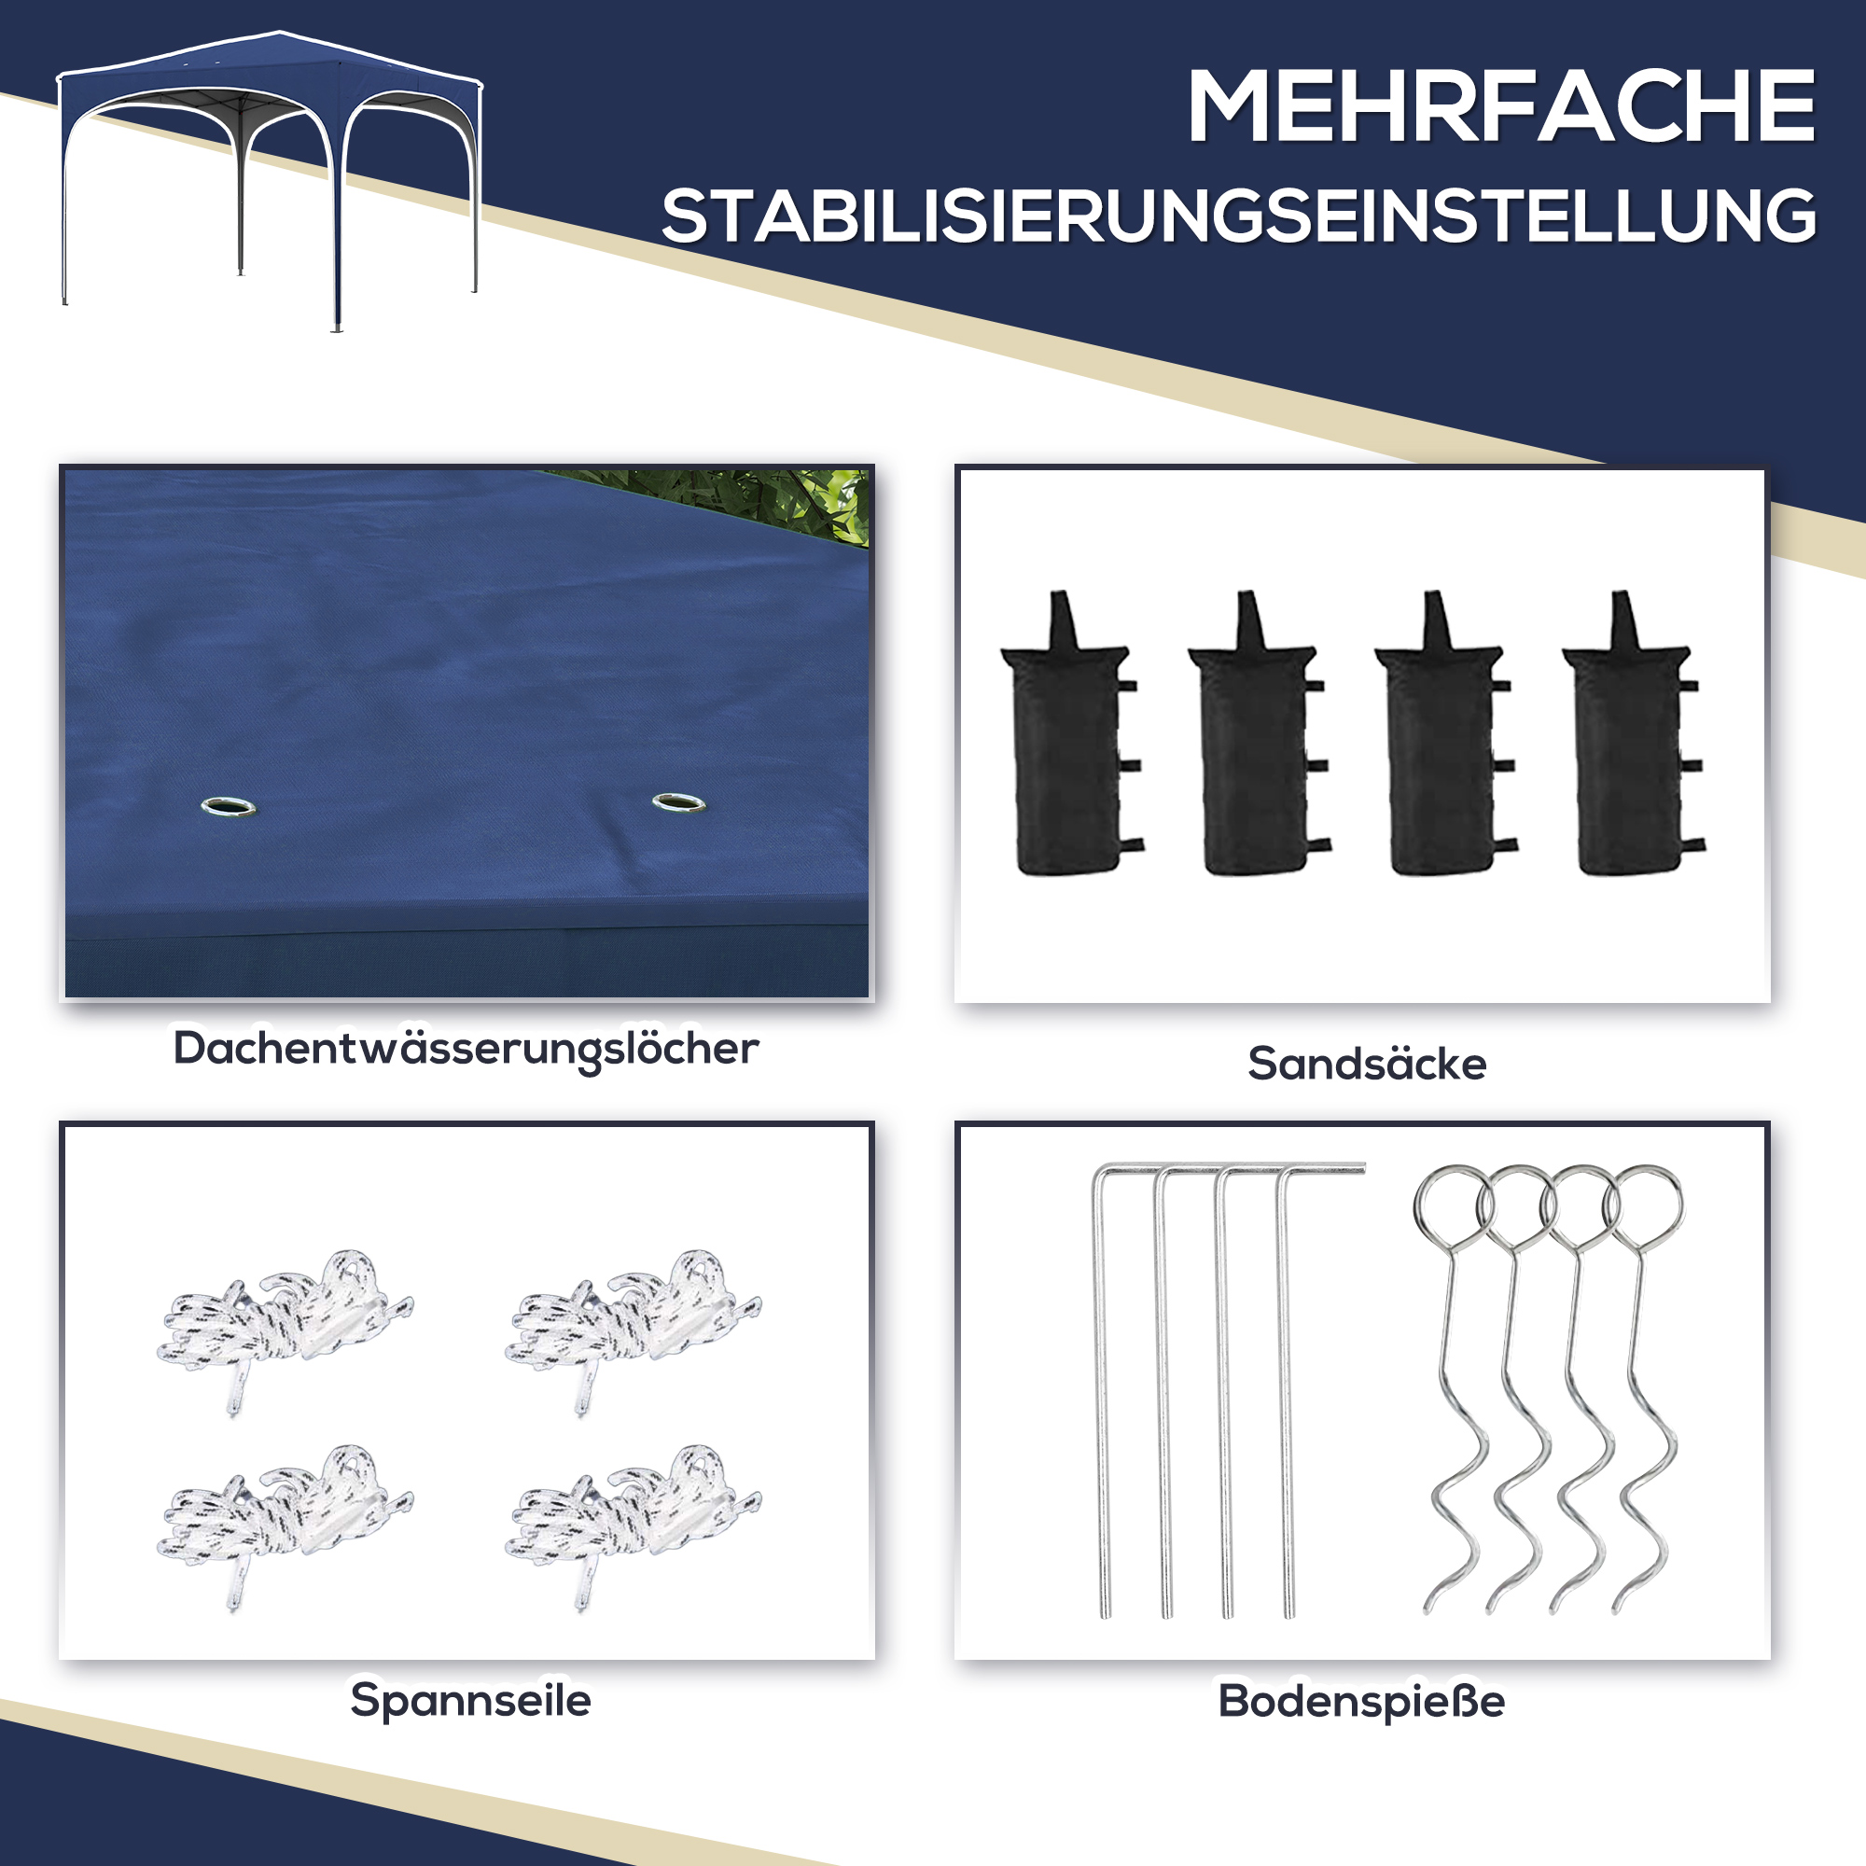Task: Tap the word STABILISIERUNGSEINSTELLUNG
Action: pyautogui.click(x=1238, y=216)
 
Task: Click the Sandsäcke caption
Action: pyautogui.click(x=1367, y=1064)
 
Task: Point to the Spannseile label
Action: pyautogui.click(x=470, y=1700)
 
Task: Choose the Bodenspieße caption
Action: pyautogui.click(x=1361, y=1701)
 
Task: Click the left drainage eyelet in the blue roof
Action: pyautogui.click(x=229, y=806)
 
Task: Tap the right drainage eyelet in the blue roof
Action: pyautogui.click(x=678, y=802)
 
